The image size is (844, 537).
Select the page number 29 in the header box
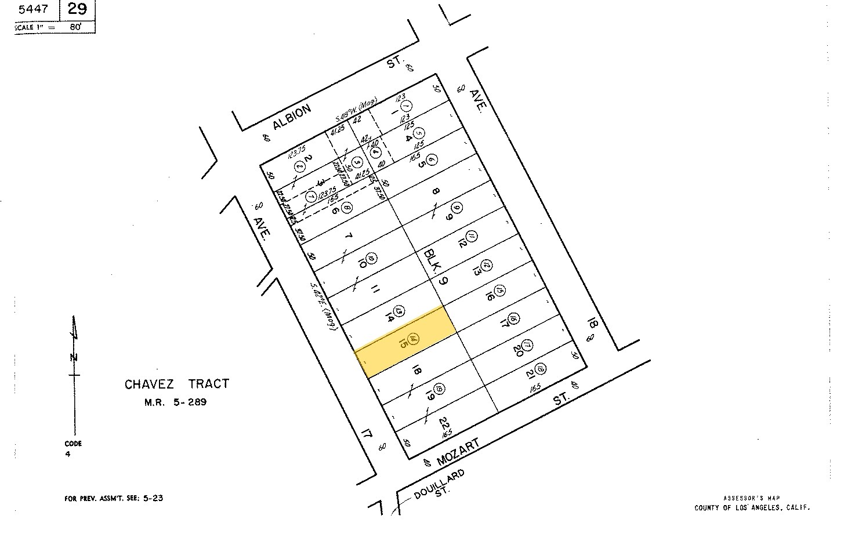click(77, 9)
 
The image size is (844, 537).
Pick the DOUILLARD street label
click(440, 485)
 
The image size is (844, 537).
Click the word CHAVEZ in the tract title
click(150, 384)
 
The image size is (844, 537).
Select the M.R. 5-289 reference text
click(175, 401)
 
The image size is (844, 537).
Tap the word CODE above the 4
click(74, 444)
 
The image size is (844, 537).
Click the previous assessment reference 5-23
click(153, 498)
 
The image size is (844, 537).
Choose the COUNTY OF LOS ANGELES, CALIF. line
click(752, 508)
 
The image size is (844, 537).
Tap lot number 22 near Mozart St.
click(444, 423)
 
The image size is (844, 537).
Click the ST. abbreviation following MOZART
click(560, 400)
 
